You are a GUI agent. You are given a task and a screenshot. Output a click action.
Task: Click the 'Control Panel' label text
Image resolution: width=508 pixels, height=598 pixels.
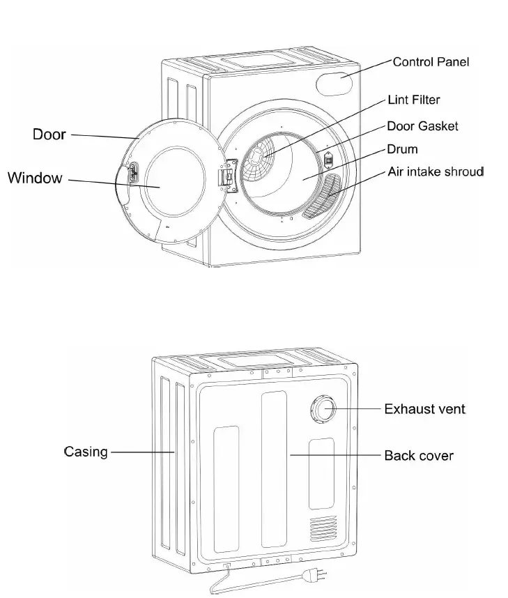(x=431, y=62)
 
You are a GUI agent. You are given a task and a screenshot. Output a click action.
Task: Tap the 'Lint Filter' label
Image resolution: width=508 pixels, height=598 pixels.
(x=414, y=100)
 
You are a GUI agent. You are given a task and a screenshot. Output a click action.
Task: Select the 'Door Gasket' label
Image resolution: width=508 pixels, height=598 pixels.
(x=422, y=126)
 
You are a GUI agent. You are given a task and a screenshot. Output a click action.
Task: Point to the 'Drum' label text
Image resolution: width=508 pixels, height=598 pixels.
(x=402, y=149)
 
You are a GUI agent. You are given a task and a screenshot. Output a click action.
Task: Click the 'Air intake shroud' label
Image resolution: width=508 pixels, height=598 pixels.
(x=436, y=171)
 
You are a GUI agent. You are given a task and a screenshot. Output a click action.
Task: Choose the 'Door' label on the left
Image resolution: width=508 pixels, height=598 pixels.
(x=49, y=134)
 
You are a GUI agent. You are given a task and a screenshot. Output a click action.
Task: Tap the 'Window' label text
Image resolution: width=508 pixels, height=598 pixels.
(x=35, y=178)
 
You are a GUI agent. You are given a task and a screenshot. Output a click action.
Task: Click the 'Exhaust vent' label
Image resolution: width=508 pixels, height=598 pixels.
(x=425, y=408)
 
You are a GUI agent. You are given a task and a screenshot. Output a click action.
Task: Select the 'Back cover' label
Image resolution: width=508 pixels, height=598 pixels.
(x=419, y=456)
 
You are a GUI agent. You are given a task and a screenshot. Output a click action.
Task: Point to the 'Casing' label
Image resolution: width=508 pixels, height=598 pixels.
(x=86, y=452)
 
